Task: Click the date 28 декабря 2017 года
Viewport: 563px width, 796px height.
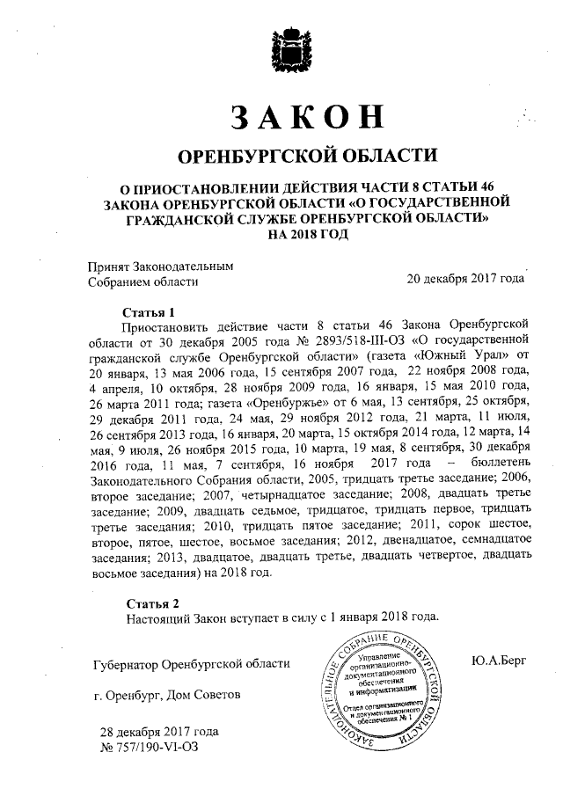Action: click(x=158, y=731)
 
